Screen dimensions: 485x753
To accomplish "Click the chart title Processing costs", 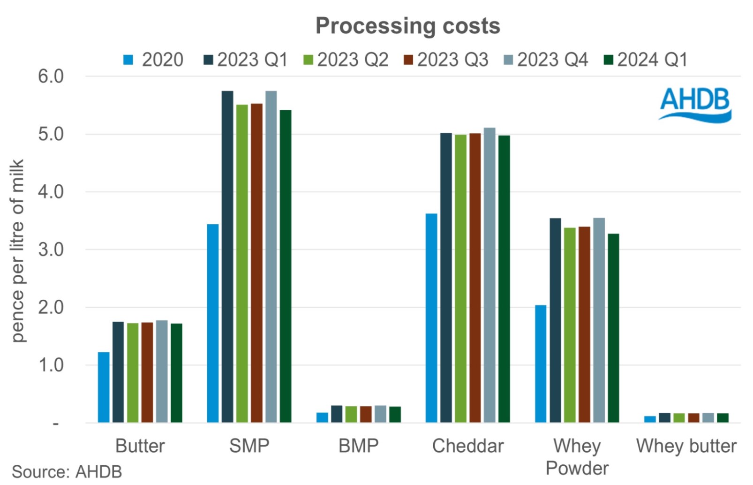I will [407, 26].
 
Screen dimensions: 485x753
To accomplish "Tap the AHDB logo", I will [695, 105].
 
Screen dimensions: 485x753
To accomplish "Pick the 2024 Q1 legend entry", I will [646, 60].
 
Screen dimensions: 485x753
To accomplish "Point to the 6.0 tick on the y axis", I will [51, 76].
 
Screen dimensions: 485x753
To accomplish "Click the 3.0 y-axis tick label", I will [51, 250].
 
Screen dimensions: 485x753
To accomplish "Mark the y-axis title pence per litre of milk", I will [17, 251].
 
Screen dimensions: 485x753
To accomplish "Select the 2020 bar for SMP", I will [213, 324].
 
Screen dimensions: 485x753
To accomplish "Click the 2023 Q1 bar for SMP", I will [227, 257].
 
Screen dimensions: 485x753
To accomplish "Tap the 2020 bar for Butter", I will [104, 387].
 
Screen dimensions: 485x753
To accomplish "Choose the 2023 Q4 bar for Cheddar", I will [489, 275].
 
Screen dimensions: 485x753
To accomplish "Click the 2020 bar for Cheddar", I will [431, 318].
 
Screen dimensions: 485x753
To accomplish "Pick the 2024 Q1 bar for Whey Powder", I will [613, 328].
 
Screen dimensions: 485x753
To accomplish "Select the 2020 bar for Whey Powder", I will [541, 364].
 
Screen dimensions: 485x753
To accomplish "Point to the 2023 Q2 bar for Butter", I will [133, 373].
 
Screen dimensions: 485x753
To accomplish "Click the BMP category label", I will [358, 446].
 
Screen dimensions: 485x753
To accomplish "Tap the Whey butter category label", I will [686, 446].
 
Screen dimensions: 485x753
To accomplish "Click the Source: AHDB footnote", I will [67, 472].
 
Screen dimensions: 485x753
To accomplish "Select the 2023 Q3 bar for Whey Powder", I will [584, 325].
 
